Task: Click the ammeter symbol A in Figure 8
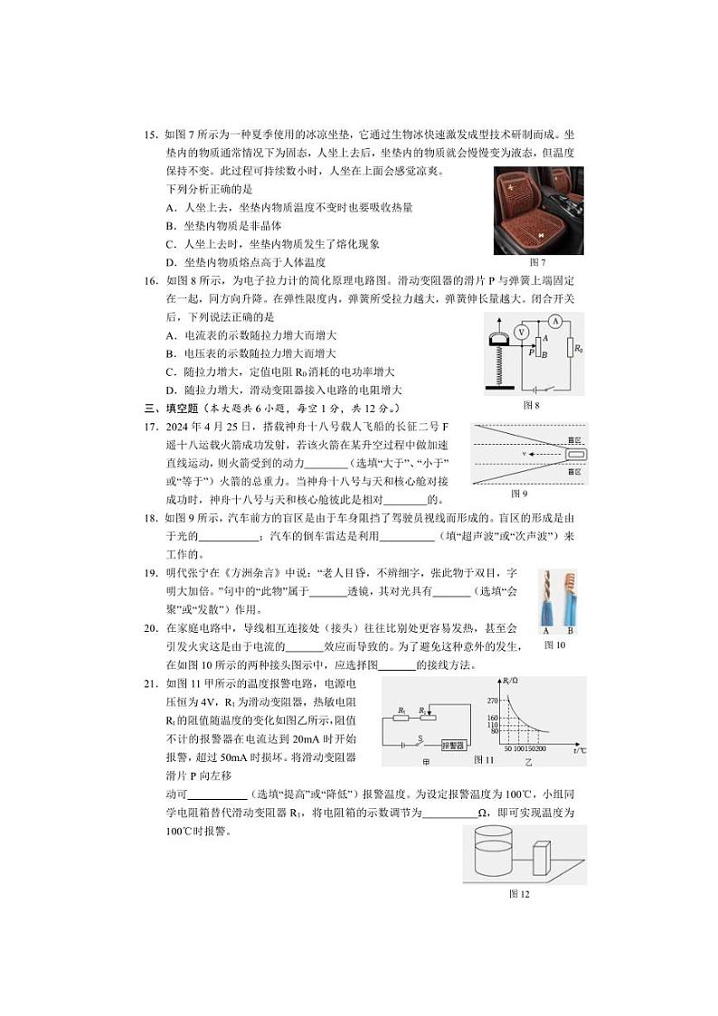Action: [x=557, y=321]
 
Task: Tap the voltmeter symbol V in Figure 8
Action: [x=521, y=333]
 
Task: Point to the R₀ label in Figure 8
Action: [x=574, y=345]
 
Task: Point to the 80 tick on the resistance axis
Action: [x=495, y=731]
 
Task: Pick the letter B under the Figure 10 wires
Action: [x=569, y=630]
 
